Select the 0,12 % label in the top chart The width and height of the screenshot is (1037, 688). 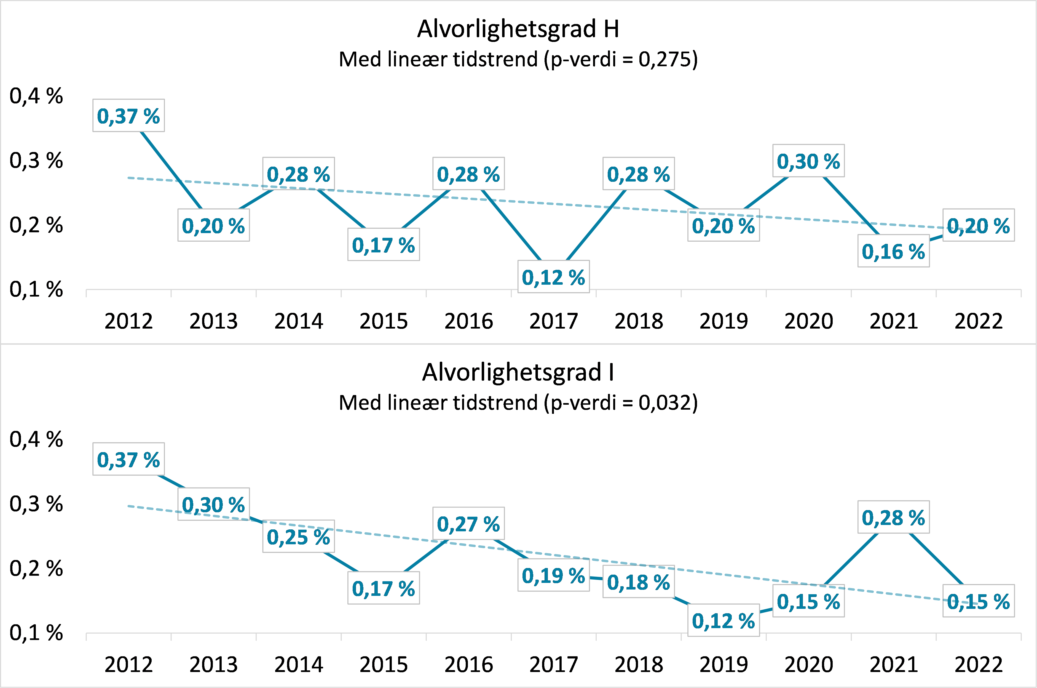(x=553, y=277)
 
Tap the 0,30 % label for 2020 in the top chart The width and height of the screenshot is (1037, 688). (x=808, y=161)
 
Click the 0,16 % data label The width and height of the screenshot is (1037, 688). (x=893, y=251)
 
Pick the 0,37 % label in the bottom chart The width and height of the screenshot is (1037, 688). (x=128, y=459)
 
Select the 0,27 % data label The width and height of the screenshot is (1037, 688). (x=468, y=524)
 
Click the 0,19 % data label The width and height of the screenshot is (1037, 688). (x=553, y=575)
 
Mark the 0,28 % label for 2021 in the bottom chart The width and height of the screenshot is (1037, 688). (x=893, y=518)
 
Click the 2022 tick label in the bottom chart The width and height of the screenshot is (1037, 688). (x=978, y=665)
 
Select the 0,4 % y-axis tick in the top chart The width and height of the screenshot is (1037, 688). (x=36, y=96)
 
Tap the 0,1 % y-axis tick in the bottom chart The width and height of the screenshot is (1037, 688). (x=36, y=633)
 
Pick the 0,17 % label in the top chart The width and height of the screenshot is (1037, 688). (x=384, y=245)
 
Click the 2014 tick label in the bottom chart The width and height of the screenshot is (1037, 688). (x=299, y=665)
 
